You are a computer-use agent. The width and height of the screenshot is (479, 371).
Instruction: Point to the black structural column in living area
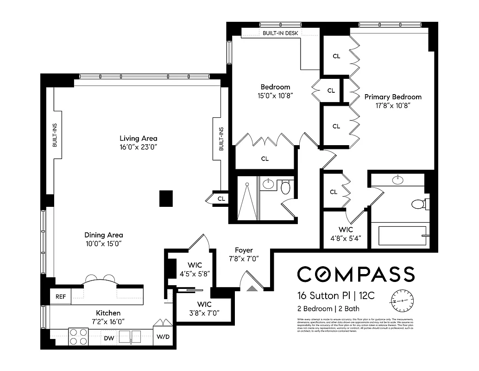tap(166, 198)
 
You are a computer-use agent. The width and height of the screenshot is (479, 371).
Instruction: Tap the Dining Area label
tap(104, 235)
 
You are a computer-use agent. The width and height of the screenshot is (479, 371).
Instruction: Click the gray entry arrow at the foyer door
tap(252, 288)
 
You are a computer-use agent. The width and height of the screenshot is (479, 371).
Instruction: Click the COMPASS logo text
tap(355, 274)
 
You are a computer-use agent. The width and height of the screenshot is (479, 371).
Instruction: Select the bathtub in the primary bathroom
tap(402, 236)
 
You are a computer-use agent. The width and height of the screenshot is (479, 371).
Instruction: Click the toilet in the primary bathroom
tap(420, 204)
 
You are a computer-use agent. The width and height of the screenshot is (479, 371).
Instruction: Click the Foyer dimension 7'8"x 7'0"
tap(244, 259)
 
